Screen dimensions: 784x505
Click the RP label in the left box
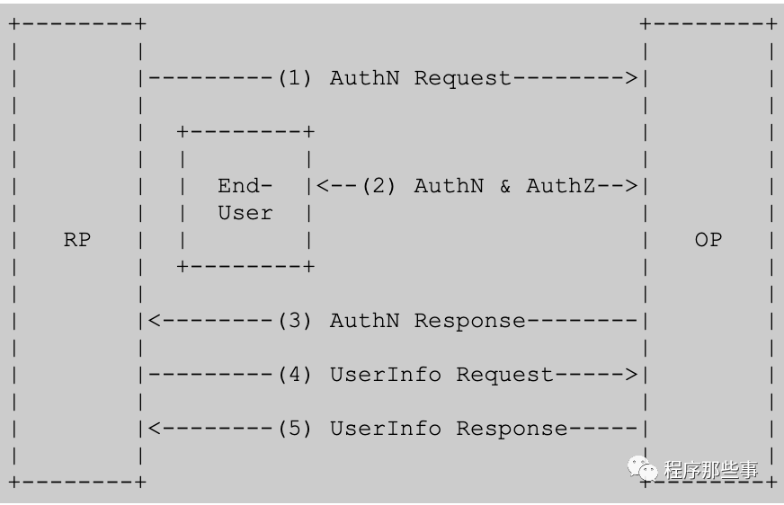coord(77,240)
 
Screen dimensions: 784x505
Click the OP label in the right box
coord(708,240)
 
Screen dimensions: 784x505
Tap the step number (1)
coord(295,78)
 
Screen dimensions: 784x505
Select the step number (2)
coord(379,186)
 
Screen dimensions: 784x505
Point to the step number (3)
coord(295,321)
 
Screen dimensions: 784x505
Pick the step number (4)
coord(295,375)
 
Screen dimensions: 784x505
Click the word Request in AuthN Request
coord(462,79)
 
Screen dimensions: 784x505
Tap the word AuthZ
coord(560,186)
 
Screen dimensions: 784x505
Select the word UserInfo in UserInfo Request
coord(386,375)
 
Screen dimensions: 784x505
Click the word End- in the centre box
coord(245,186)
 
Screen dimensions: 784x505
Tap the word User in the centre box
coord(245,213)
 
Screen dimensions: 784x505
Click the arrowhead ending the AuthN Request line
coord(631,78)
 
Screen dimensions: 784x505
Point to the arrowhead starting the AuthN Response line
coord(155,321)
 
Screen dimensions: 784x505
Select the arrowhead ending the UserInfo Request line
coord(631,375)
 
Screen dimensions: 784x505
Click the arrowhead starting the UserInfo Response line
coord(155,429)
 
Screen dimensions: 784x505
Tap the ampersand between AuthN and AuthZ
coord(505,186)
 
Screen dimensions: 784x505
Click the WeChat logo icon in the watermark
coord(643,469)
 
